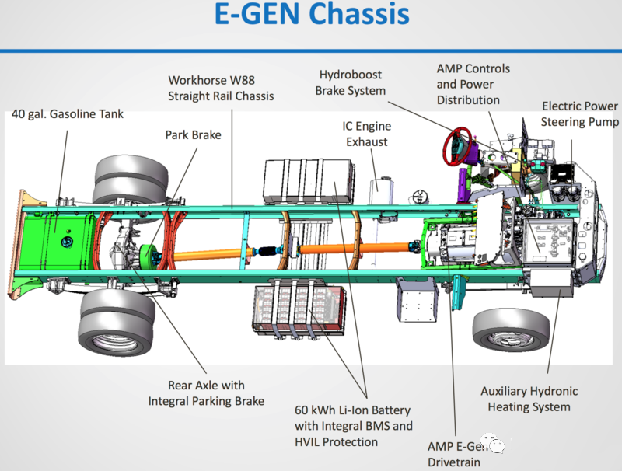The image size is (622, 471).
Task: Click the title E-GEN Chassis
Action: tap(312, 14)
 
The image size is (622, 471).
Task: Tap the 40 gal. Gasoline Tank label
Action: tap(68, 114)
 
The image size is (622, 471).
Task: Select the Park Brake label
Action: tap(193, 134)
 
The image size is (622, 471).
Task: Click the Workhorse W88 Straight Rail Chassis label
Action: tap(221, 88)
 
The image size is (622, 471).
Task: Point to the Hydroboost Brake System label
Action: tap(351, 82)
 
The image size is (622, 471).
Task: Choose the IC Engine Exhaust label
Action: tap(366, 134)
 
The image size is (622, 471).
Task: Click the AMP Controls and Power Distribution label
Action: tap(473, 84)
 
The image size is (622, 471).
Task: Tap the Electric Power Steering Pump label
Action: tap(579, 114)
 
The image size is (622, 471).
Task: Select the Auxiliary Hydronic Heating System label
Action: tap(529, 399)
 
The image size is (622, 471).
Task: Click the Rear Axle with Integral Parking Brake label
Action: tap(206, 393)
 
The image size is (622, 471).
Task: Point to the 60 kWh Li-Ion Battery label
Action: tap(354, 426)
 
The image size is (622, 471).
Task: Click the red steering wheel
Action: tap(457, 146)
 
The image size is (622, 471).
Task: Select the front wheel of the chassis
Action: tap(511, 330)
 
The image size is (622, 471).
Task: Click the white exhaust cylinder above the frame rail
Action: tap(381, 192)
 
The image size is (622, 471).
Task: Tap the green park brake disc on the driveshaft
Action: tap(148, 256)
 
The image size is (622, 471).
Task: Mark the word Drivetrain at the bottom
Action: tap(454, 462)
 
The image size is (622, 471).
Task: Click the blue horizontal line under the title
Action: tap(311, 51)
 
